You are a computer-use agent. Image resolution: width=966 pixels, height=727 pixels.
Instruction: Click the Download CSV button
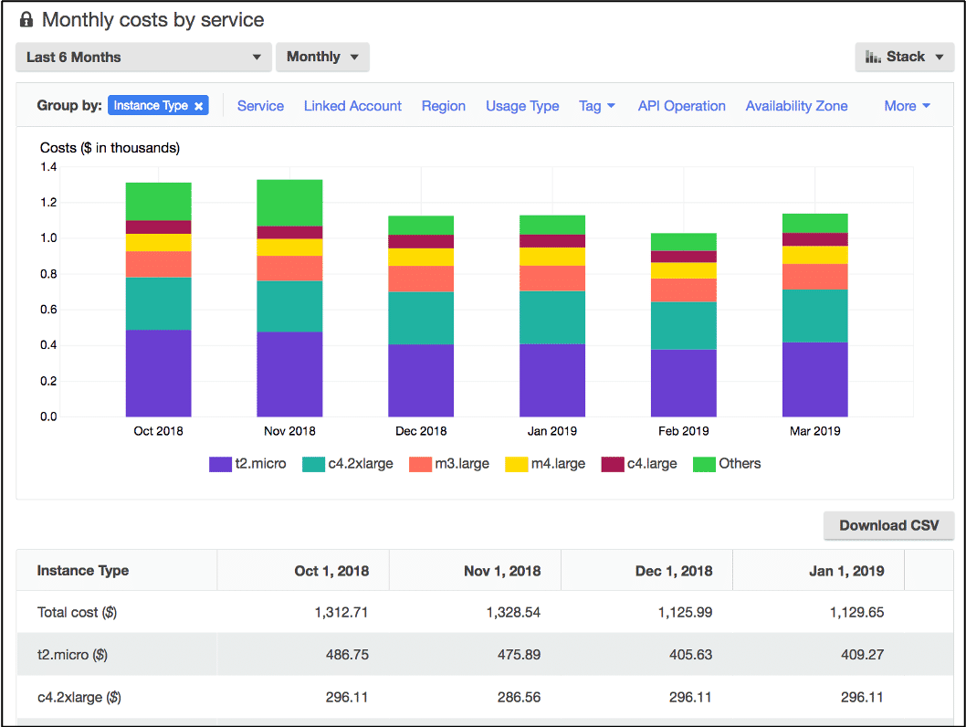point(888,525)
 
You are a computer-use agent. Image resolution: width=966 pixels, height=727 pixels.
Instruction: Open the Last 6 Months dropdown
point(143,57)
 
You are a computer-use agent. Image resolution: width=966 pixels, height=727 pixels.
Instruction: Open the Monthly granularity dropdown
point(322,57)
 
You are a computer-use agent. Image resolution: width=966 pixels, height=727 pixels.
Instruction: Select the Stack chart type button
point(904,57)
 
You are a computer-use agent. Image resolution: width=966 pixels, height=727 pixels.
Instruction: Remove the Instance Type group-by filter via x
point(198,106)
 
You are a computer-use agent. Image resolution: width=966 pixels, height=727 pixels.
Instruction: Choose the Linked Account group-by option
point(352,106)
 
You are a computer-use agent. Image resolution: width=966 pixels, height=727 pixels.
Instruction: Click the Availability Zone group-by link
point(796,106)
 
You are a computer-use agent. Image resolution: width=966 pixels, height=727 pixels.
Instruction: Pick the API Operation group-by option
point(681,106)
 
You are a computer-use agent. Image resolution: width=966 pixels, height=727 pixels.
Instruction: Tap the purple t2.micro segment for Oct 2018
point(158,373)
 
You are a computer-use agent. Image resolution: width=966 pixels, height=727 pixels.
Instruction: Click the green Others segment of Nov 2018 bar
point(289,203)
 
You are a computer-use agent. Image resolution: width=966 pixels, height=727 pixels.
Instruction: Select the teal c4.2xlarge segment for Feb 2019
point(684,325)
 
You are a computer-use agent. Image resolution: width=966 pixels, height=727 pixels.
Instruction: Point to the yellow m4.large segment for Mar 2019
point(814,255)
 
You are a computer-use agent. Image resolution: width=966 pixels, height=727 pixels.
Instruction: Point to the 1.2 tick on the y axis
point(48,203)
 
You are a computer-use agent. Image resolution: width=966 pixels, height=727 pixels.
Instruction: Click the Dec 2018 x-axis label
point(421,431)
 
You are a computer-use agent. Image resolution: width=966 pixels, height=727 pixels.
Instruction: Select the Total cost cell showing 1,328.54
point(511,612)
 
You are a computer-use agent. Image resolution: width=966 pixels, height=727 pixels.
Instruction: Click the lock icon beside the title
point(26,19)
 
